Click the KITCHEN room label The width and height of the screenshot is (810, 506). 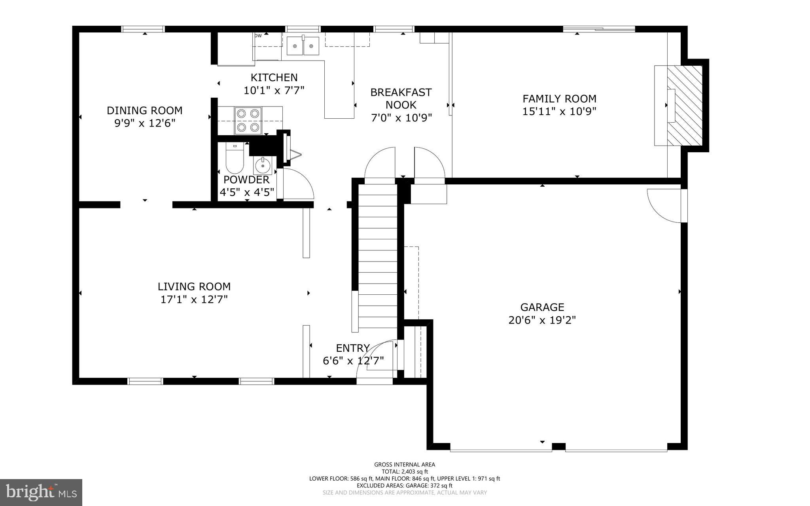[274, 78]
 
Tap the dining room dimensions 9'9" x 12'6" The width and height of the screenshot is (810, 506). [145, 123]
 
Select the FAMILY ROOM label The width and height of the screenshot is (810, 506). [559, 99]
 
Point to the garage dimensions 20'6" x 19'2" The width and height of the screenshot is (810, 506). [542, 320]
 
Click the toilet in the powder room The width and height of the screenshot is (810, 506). [235, 159]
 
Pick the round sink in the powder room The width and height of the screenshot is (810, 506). [263, 166]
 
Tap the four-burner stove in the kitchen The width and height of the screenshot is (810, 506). [248, 120]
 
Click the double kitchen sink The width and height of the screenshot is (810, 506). [303, 46]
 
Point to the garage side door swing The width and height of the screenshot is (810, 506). [664, 206]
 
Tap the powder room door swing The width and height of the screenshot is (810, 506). [298, 184]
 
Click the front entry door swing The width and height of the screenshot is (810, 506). [376, 360]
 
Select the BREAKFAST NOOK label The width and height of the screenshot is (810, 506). [401, 99]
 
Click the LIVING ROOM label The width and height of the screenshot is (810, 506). [194, 286]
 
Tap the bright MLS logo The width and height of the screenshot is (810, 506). [41, 492]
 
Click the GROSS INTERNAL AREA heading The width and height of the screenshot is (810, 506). [404, 464]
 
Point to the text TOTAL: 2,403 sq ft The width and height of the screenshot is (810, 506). [404, 472]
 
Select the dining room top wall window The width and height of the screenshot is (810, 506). [143, 29]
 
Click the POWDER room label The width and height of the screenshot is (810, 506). [246, 180]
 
